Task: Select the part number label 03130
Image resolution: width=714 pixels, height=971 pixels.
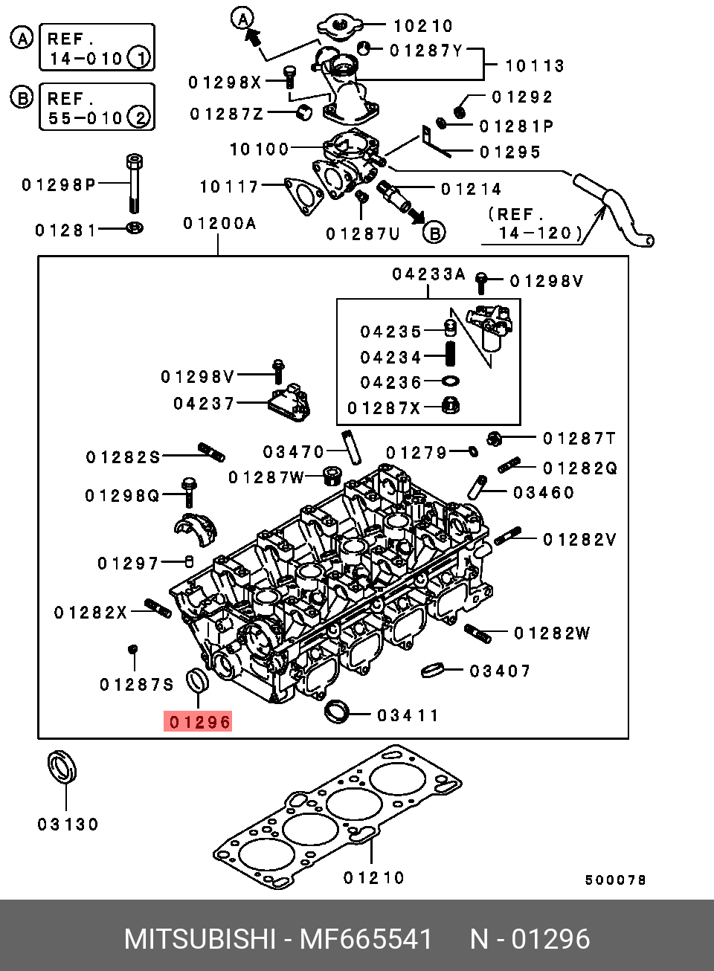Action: tap(68, 824)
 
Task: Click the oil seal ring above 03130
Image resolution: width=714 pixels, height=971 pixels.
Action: tap(62, 767)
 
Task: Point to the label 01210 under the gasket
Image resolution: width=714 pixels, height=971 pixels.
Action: tap(373, 878)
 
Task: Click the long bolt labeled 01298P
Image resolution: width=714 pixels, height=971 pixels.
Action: tap(135, 183)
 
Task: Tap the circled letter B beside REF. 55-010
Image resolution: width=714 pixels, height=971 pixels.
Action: tap(22, 98)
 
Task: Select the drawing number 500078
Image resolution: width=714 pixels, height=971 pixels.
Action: tap(615, 880)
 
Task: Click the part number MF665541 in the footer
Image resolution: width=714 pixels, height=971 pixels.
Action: tap(367, 939)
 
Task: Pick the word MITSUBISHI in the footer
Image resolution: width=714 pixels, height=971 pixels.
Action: tap(200, 939)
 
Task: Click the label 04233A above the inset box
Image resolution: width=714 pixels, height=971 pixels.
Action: tap(428, 274)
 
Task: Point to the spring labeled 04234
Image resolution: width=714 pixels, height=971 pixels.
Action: tap(451, 354)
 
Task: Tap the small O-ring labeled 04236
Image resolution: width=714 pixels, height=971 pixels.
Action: tap(451, 381)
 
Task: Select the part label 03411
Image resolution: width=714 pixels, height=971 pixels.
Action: tap(408, 715)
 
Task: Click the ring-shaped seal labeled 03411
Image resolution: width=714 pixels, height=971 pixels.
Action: tap(337, 712)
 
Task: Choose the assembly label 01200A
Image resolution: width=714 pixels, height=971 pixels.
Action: tap(220, 224)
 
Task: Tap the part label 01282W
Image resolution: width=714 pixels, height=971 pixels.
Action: tap(552, 633)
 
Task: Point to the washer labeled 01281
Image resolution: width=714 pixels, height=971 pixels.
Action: tap(135, 228)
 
